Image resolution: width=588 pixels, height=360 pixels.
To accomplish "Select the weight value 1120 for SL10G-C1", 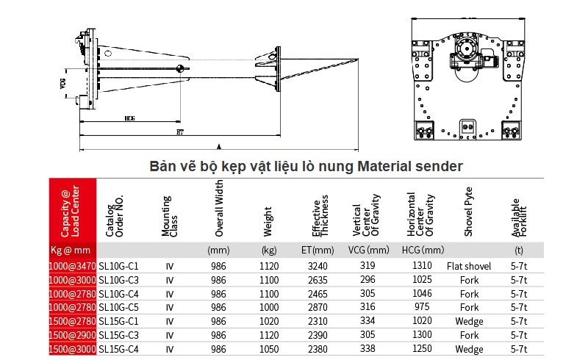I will coord(270,266).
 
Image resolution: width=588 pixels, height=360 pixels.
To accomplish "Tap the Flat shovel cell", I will coord(469,266).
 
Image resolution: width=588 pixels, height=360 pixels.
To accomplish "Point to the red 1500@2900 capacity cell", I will coord(73,335).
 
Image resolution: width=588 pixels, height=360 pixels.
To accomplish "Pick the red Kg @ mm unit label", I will coord(73,250).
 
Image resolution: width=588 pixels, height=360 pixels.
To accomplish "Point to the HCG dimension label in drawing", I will coord(129,118).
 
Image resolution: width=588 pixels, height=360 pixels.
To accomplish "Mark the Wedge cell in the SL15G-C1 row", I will coord(469,321).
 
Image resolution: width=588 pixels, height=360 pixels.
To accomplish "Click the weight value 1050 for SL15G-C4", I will coord(270,349).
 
